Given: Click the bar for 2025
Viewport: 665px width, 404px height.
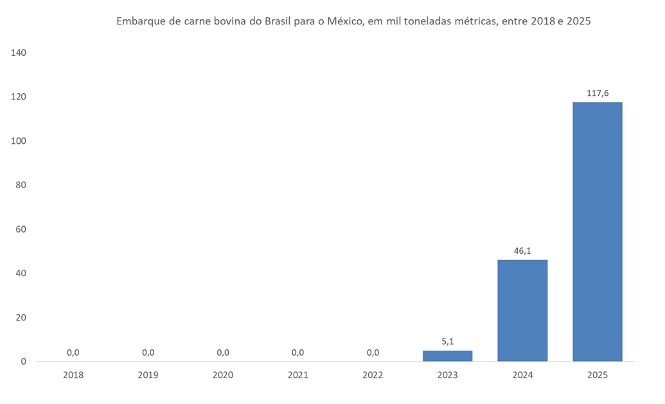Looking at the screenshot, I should click(597, 231).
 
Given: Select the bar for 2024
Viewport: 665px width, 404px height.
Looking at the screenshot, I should click(522, 310).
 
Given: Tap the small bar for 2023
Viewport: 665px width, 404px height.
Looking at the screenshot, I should click(447, 355).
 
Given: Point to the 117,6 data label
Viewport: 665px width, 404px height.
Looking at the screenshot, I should click(598, 93).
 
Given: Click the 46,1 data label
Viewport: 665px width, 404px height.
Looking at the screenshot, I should click(522, 251).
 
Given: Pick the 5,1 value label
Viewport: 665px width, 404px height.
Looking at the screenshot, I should click(448, 342).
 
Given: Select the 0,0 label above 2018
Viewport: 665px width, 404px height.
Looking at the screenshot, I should click(73, 352).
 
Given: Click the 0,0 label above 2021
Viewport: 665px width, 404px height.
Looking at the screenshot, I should click(297, 352).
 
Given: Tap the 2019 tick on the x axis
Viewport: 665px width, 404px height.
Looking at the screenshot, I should click(148, 374).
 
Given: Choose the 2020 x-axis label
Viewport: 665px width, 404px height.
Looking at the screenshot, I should click(223, 374).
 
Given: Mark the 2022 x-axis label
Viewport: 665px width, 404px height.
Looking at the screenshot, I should click(373, 374).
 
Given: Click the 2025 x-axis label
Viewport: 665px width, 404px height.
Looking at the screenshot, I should click(597, 374).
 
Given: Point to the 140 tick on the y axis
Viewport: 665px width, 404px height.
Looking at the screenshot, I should click(18, 53).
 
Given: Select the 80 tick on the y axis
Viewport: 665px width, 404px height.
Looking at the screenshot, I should click(21, 185).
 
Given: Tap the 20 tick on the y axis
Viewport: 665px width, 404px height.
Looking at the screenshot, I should click(21, 317).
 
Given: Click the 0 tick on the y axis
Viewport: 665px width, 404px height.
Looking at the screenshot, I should click(23, 362).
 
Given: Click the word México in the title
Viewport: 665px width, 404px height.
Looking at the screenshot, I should click(345, 21).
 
